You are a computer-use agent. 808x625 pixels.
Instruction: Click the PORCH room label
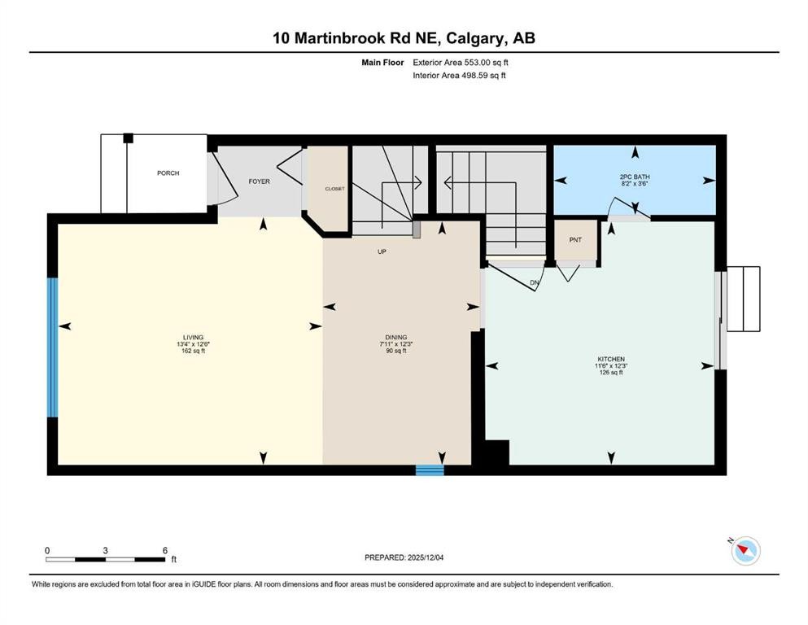[x=168, y=173]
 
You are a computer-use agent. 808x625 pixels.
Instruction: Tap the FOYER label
[x=259, y=181]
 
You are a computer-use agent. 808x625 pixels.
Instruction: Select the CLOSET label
[x=334, y=189]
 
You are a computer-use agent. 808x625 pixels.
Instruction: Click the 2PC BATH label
[x=635, y=177]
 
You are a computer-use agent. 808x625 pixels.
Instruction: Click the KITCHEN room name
[x=610, y=359]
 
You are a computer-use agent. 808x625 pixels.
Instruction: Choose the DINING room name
[x=396, y=338]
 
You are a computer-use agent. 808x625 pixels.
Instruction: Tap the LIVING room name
[x=193, y=338]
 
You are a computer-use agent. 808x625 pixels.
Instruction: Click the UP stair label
[x=381, y=252]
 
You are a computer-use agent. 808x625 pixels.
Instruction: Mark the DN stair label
[x=535, y=283]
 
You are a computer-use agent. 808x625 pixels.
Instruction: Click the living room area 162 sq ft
[x=193, y=352]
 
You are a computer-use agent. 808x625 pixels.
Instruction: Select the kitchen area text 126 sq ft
[x=610, y=373]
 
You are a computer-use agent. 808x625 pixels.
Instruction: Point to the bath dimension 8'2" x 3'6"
[x=635, y=184]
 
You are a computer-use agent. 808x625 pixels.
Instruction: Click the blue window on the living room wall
[x=53, y=347]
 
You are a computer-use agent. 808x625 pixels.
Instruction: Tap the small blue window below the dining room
[x=430, y=470]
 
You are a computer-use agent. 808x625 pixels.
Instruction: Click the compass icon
[x=745, y=551]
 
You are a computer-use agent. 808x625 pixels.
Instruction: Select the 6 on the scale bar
[x=165, y=550]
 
